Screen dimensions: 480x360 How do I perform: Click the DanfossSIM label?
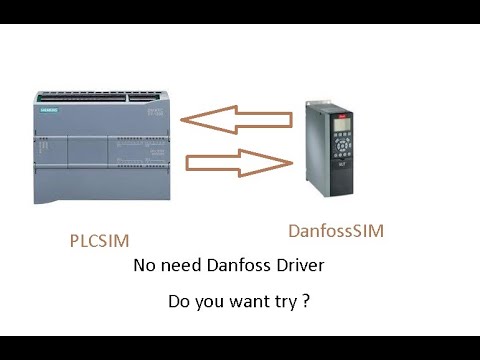335,232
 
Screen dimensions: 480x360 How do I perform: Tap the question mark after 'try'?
304,299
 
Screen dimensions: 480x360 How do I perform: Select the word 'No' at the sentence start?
144,267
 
